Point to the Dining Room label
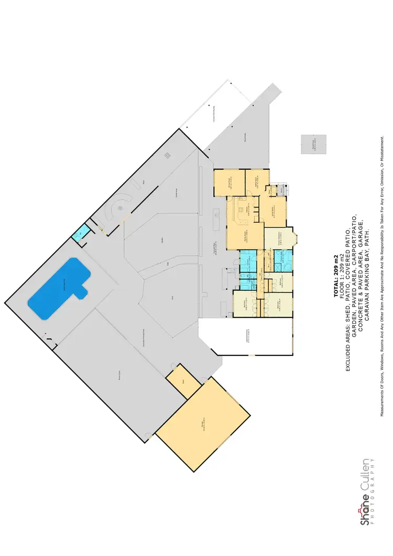[x=230, y=183]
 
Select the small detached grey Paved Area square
[x=313, y=144]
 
